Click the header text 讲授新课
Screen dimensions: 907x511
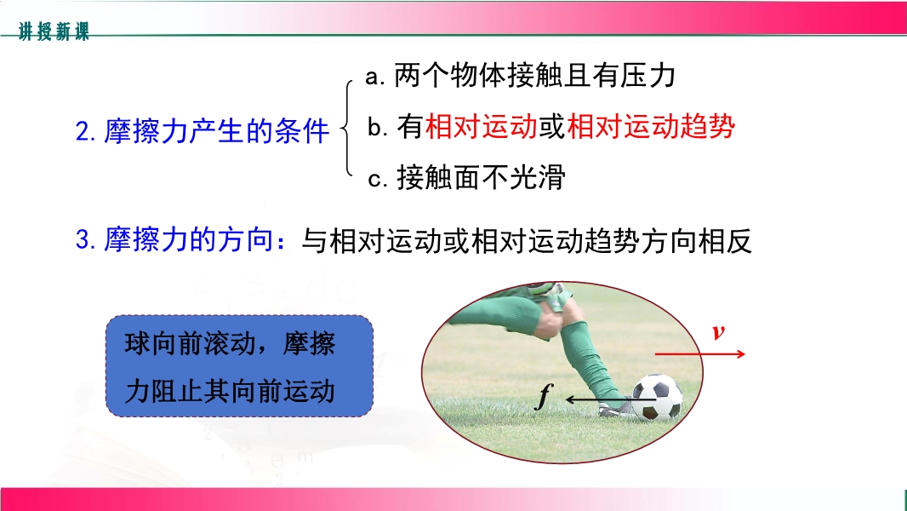[x=54, y=31]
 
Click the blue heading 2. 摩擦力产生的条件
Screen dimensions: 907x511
[x=203, y=131]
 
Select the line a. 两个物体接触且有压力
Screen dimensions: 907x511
[x=520, y=75]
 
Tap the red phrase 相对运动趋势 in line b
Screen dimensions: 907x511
[x=651, y=126]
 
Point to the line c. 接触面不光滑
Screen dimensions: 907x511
[x=466, y=177]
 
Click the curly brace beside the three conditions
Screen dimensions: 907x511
[x=347, y=128]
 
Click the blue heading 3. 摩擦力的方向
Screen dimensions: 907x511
[x=180, y=239]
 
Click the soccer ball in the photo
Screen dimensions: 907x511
[x=657, y=397]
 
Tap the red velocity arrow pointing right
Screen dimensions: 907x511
[x=700, y=353]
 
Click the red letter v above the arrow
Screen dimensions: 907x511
[x=718, y=331]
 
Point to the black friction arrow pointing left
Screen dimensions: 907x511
[x=610, y=399]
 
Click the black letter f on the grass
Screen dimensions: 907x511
[x=544, y=396]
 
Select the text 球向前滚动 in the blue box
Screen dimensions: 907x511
[x=190, y=344]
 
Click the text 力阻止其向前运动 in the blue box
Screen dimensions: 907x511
[x=230, y=391]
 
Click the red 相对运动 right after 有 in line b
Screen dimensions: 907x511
[x=482, y=126]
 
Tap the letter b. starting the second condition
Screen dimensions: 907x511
[x=377, y=127]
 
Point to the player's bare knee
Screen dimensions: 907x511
[x=550, y=321]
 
